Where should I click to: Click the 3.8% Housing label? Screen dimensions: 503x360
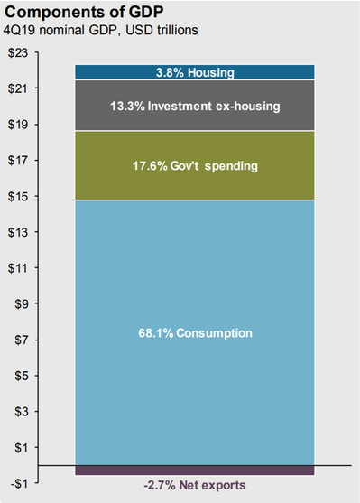(x=194, y=72)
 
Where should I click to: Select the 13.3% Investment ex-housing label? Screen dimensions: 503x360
(x=194, y=107)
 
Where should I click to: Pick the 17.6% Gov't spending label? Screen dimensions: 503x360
(x=194, y=166)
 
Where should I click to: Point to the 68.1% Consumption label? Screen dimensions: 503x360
(x=194, y=333)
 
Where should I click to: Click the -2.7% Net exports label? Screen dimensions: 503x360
(x=194, y=486)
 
